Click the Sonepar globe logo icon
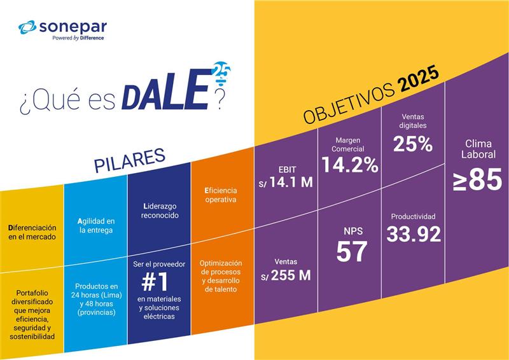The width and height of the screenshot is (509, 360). (28, 27)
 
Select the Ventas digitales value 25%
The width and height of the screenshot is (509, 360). (412, 144)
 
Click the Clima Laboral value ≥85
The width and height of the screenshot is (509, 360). (477, 179)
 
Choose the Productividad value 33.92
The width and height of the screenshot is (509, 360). (414, 234)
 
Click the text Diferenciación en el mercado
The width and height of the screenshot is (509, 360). (32, 232)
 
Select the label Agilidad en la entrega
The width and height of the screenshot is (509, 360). (95, 225)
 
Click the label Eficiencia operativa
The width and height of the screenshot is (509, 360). (221, 195)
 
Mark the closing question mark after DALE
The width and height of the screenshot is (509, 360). (221, 100)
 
